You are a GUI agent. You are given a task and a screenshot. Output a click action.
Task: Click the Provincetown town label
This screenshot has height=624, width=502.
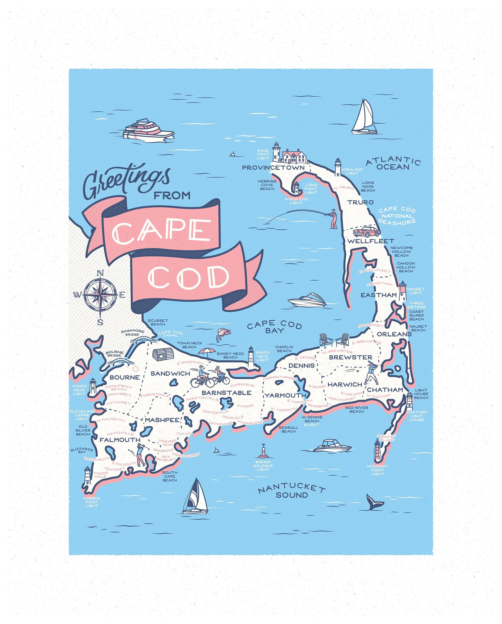pos(273,168)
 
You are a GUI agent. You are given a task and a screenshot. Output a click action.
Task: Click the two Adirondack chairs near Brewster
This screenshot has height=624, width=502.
pos(334,339)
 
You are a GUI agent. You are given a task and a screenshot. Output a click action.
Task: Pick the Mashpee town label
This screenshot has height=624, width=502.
pos(162,420)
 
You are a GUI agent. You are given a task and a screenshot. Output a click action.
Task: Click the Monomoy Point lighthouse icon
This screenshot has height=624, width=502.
pos(377,449)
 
